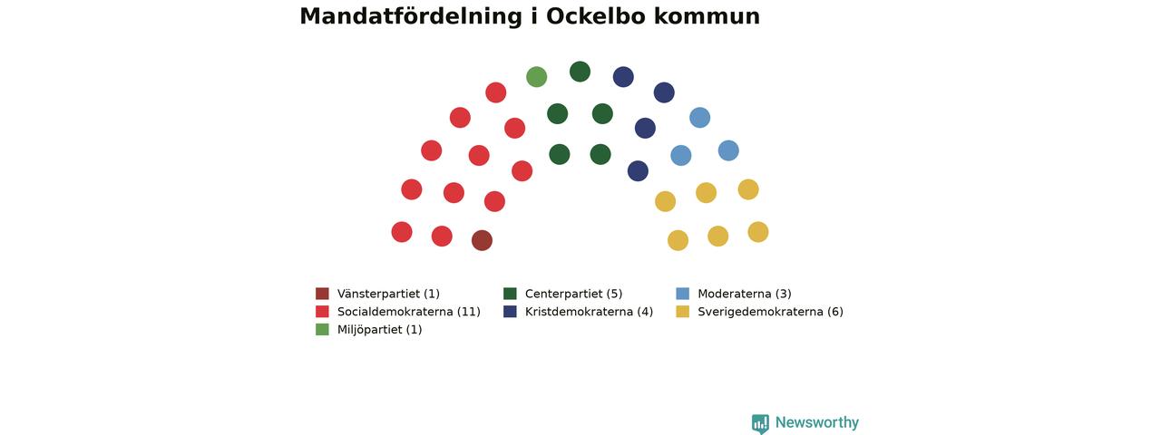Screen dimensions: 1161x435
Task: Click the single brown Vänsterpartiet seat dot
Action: tap(482, 240)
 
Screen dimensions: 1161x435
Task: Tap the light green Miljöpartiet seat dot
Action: tap(536, 77)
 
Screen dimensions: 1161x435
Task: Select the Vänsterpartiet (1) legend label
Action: tap(388, 294)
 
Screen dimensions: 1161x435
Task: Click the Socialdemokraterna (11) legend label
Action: tap(408, 312)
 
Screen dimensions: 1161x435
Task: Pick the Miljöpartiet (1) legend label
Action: tap(379, 329)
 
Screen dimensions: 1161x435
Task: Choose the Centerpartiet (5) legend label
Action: tap(573, 294)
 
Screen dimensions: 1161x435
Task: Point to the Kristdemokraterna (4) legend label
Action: tap(589, 312)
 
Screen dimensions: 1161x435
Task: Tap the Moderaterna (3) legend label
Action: tap(745, 294)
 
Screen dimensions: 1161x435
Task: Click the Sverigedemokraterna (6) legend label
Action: tap(770, 312)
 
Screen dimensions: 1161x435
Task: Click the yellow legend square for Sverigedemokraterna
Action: tap(683, 312)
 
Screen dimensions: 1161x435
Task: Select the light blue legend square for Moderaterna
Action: tap(683, 294)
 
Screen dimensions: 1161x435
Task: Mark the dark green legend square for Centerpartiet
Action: tap(510, 294)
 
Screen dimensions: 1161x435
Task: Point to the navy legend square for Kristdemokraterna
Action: tap(510, 312)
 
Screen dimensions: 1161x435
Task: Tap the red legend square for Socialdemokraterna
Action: tap(322, 312)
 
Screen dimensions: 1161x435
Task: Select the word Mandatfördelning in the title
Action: tap(411, 17)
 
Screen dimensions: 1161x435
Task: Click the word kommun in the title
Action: tap(707, 16)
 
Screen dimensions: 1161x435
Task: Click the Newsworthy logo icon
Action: tap(760, 423)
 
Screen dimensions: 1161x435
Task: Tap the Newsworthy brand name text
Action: tap(817, 422)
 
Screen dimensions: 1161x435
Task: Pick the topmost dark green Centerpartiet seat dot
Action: tap(580, 72)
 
